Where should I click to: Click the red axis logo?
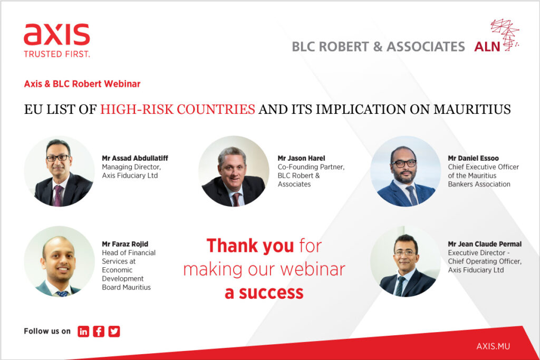point(57,34)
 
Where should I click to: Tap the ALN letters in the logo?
point(487,46)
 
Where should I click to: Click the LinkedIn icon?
point(83,331)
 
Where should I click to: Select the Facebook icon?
point(99,331)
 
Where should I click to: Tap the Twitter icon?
point(114,331)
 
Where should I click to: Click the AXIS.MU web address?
point(493,346)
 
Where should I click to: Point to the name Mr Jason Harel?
point(301,158)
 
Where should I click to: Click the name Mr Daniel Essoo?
point(473,158)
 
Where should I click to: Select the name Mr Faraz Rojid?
point(125,244)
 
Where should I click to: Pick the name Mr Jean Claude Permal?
point(485,244)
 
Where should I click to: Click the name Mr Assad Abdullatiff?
point(135,158)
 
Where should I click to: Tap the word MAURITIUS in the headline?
point(472,110)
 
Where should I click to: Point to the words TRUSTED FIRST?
point(57,54)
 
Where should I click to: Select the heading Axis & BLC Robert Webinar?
point(82,84)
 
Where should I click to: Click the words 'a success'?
point(264,293)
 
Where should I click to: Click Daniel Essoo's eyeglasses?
point(403,164)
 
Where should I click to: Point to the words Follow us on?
point(47,331)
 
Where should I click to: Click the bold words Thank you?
point(250,246)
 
